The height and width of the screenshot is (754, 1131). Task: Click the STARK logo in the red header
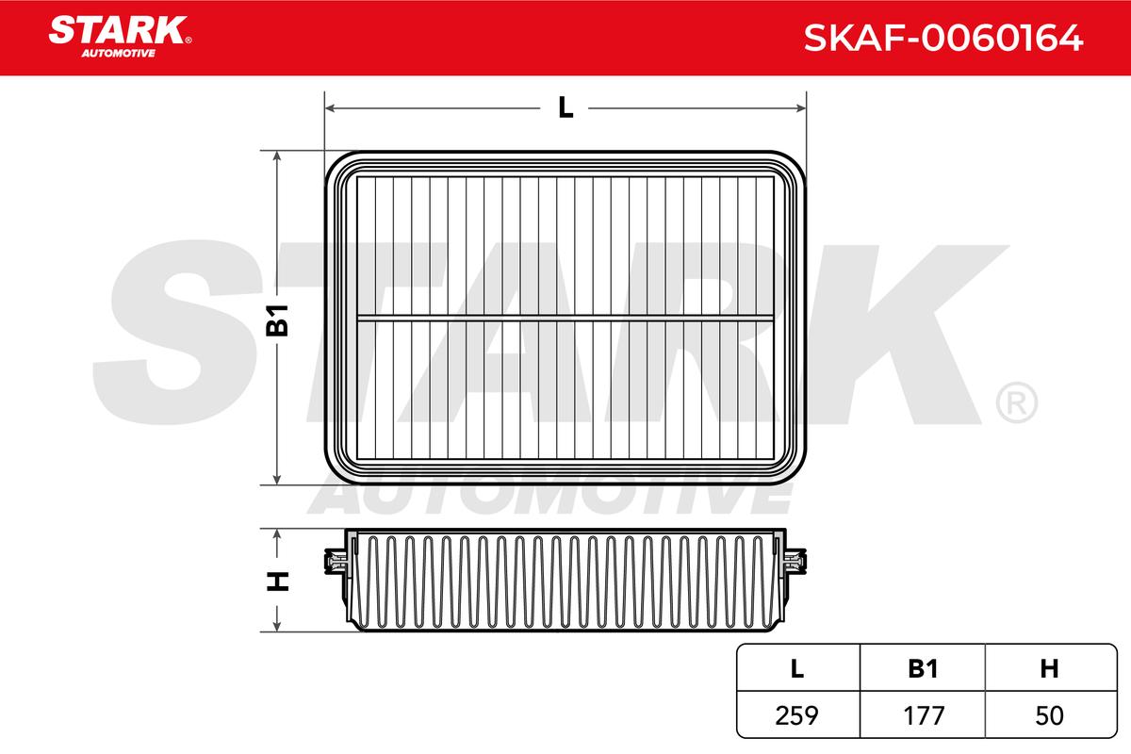pyautogui.click(x=120, y=37)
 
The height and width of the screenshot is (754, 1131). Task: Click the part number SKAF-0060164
pyautogui.click(x=943, y=38)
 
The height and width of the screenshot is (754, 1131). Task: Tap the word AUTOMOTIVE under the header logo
pyautogui.click(x=119, y=54)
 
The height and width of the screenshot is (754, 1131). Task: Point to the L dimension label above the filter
pyautogui.click(x=565, y=107)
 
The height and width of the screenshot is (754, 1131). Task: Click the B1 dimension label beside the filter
pyautogui.click(x=277, y=320)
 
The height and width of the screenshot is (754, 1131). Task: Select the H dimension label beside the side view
pyautogui.click(x=277, y=582)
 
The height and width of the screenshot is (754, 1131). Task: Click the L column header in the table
pyautogui.click(x=796, y=669)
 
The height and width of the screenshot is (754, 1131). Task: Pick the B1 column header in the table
pyautogui.click(x=923, y=669)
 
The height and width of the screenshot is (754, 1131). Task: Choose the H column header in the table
pyautogui.click(x=1049, y=669)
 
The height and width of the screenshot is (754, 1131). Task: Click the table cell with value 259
pyautogui.click(x=796, y=715)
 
